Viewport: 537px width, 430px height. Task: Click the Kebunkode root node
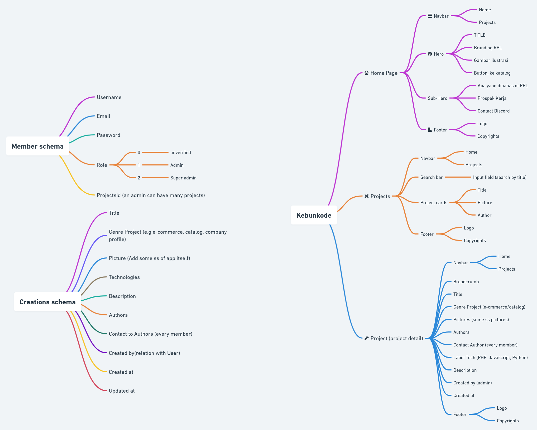pos(314,215)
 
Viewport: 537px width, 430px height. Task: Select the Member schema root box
pos(37,146)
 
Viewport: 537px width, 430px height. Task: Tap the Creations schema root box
pos(47,302)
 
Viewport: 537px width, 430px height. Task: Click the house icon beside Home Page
pos(366,73)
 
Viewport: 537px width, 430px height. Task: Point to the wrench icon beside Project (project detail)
pos(366,338)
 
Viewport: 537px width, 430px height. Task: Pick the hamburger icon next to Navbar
pos(430,16)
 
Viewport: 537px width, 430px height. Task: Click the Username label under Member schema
pos(109,97)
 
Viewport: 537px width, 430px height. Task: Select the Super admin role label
pos(183,178)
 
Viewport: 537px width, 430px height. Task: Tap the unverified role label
pos(180,153)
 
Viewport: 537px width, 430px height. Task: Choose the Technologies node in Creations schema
pos(124,277)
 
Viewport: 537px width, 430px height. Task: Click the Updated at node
pos(122,391)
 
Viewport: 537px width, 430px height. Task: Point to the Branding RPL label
pos(488,48)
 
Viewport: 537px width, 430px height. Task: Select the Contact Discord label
pos(493,111)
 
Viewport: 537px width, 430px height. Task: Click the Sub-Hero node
pos(437,98)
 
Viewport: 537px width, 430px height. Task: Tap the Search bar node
pos(431,177)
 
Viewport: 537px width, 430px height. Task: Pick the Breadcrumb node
pos(466,282)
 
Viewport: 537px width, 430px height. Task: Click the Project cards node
pos(434,203)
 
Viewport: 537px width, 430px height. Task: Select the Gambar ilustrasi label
pos(491,60)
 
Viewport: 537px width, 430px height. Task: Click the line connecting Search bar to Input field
pos(458,177)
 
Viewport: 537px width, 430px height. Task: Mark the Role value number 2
pos(139,178)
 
